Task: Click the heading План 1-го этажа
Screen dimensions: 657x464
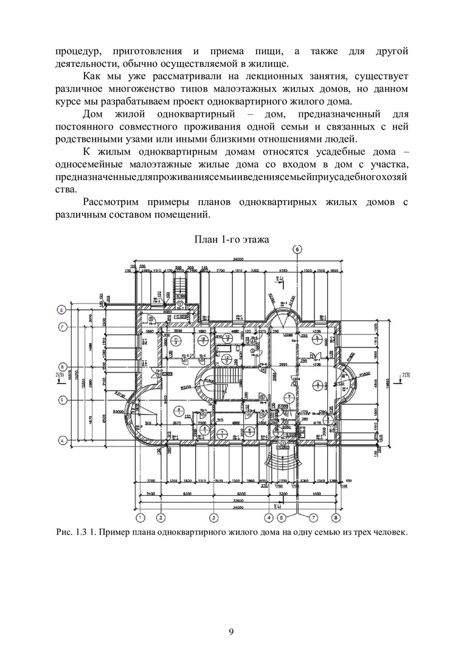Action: [231, 240]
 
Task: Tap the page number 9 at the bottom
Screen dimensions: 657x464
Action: [231, 631]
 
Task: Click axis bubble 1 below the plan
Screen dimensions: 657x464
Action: [140, 518]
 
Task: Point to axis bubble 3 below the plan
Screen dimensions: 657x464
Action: [214, 518]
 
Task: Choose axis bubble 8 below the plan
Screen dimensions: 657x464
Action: [336, 518]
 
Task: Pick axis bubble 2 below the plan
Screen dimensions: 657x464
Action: [161, 518]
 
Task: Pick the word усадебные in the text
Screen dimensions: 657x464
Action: [316, 153]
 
